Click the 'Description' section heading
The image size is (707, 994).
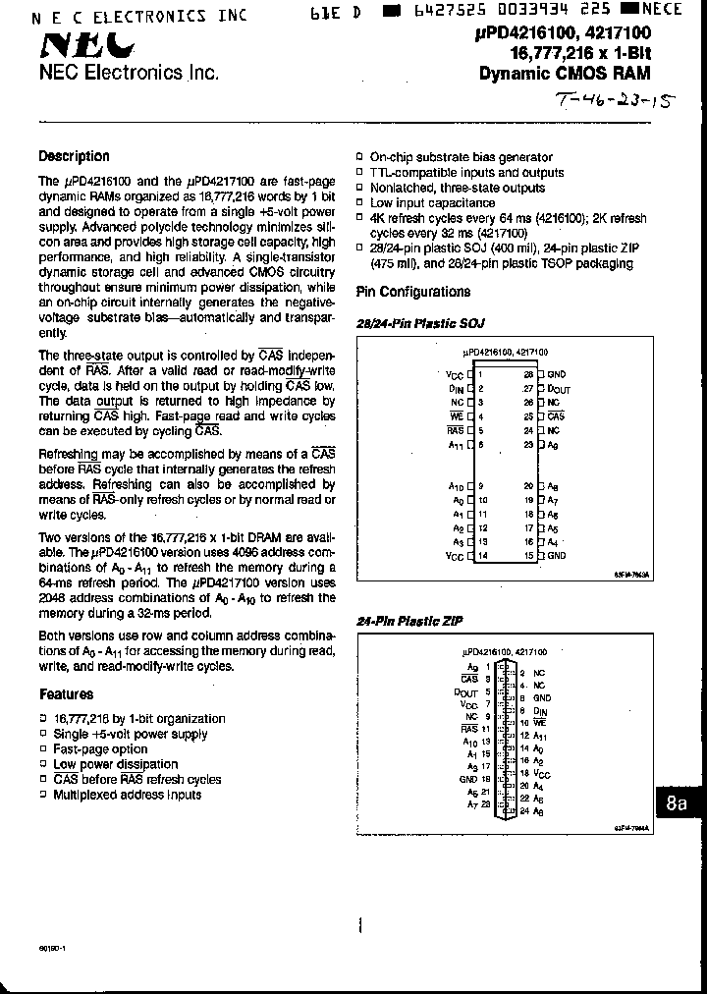(x=74, y=156)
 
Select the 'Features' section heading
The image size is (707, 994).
(x=66, y=694)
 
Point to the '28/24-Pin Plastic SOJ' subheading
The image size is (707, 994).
(x=419, y=323)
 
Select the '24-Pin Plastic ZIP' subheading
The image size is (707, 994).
(x=408, y=621)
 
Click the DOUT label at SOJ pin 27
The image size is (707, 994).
(x=559, y=390)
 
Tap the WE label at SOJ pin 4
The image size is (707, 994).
(x=456, y=416)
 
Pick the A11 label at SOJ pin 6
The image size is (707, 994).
(x=456, y=445)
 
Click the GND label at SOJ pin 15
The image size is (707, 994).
(x=556, y=555)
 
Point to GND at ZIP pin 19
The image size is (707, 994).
(x=469, y=778)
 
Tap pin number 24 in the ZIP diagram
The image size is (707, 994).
(x=524, y=811)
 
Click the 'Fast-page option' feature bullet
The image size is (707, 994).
(x=100, y=748)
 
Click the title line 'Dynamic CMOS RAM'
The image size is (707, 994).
(x=564, y=74)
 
